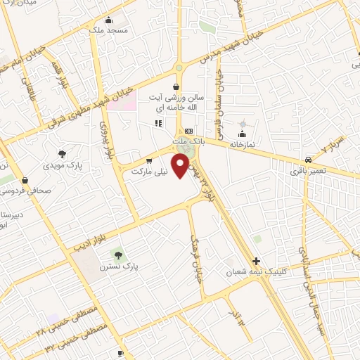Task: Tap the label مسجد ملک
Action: pos(108,31)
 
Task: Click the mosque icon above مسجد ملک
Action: pos(108,20)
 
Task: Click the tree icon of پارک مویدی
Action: pos(64,153)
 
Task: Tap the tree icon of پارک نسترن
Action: pos(117,253)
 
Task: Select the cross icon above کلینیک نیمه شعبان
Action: pos(257,259)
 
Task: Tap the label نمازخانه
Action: pos(241,144)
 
